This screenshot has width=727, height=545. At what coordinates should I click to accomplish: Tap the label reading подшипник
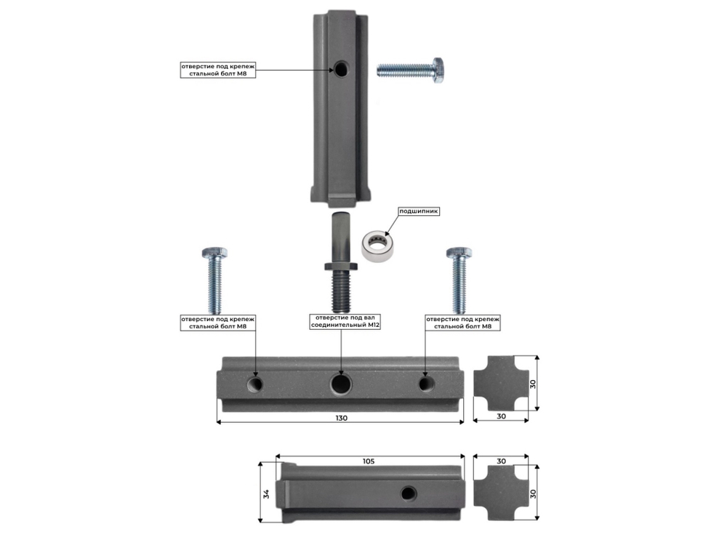pos(419,211)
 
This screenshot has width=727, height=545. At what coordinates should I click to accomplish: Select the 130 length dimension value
pos(341,418)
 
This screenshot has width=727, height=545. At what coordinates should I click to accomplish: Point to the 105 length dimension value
pos(369,461)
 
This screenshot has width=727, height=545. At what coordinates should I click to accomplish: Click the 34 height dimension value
pos(266,494)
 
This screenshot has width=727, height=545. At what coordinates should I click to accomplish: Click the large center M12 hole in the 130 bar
pos(341,384)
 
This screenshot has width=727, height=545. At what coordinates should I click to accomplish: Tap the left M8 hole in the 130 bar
pos(255,384)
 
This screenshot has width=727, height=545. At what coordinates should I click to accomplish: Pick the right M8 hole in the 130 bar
pos(427,384)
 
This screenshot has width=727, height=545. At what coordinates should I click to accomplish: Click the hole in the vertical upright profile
pos(341,70)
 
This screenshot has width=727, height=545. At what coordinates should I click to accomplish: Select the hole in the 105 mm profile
pos(409,493)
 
